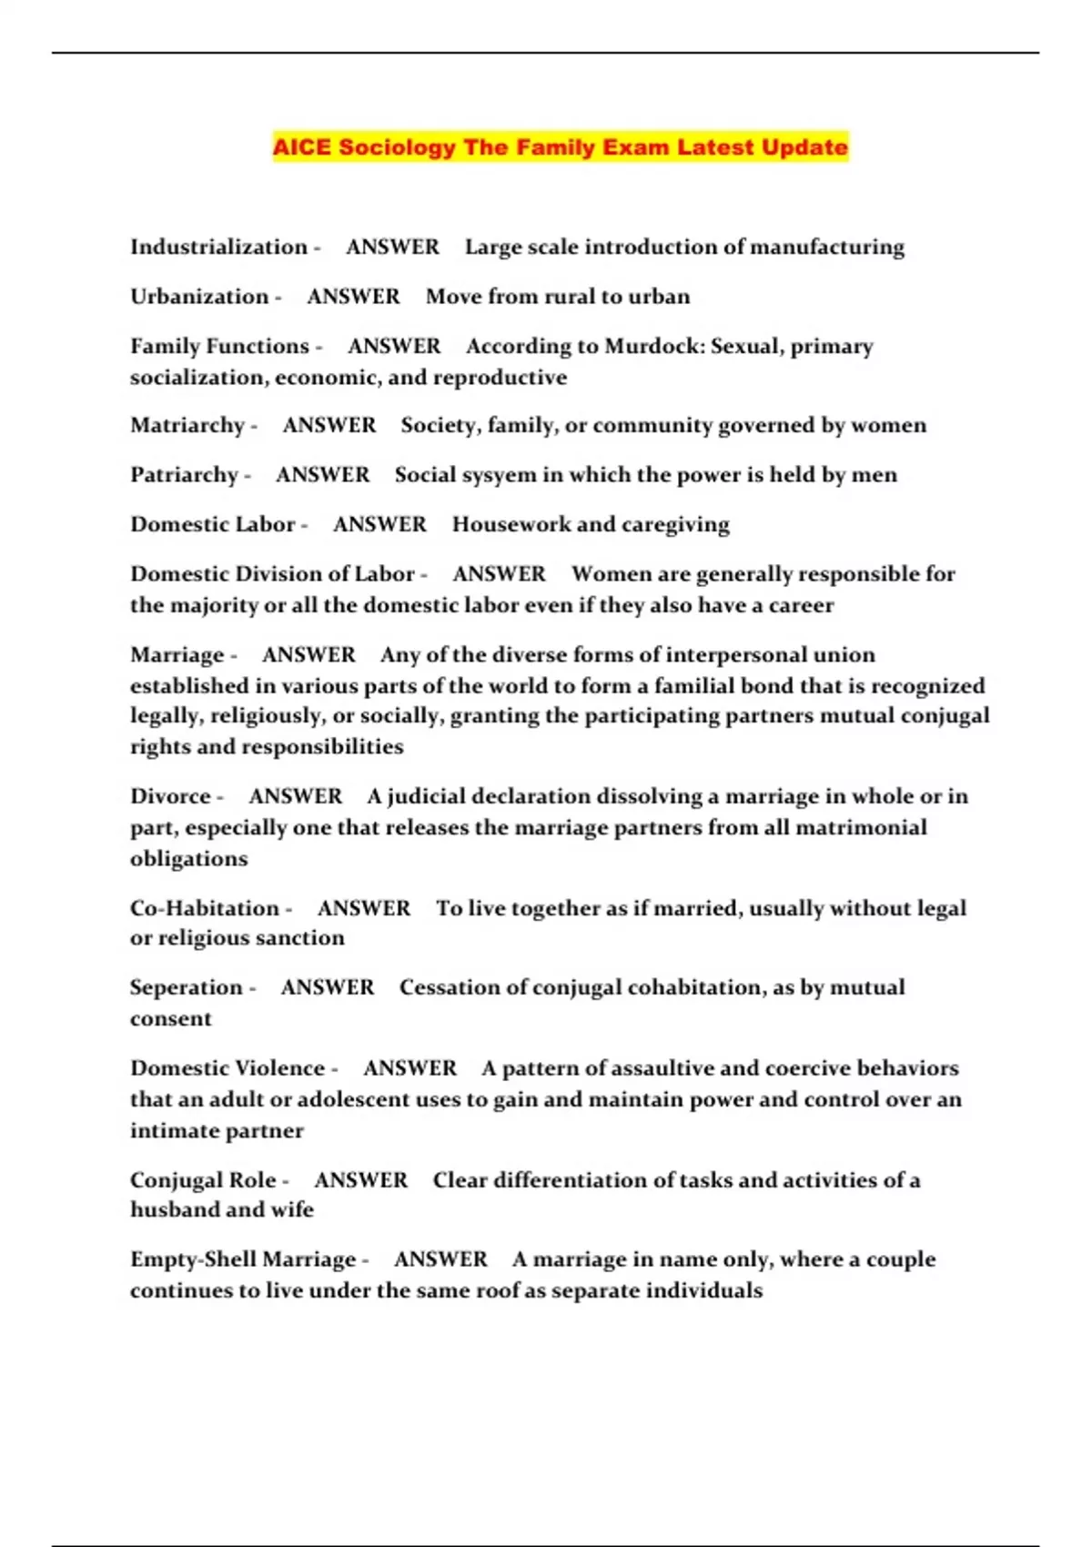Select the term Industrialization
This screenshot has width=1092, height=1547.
[x=218, y=247]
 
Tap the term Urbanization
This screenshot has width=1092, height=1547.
[x=199, y=297]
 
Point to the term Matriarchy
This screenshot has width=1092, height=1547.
[x=187, y=425]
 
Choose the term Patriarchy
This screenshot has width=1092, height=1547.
[x=184, y=475]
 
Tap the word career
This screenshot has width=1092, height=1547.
[x=801, y=605]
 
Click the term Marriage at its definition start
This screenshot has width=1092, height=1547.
[x=177, y=655]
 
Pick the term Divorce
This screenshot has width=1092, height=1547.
[x=170, y=796]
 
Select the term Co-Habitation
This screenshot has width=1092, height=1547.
[x=205, y=908]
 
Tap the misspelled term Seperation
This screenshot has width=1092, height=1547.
[x=187, y=987]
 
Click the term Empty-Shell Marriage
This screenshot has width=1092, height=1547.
[x=243, y=1259]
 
